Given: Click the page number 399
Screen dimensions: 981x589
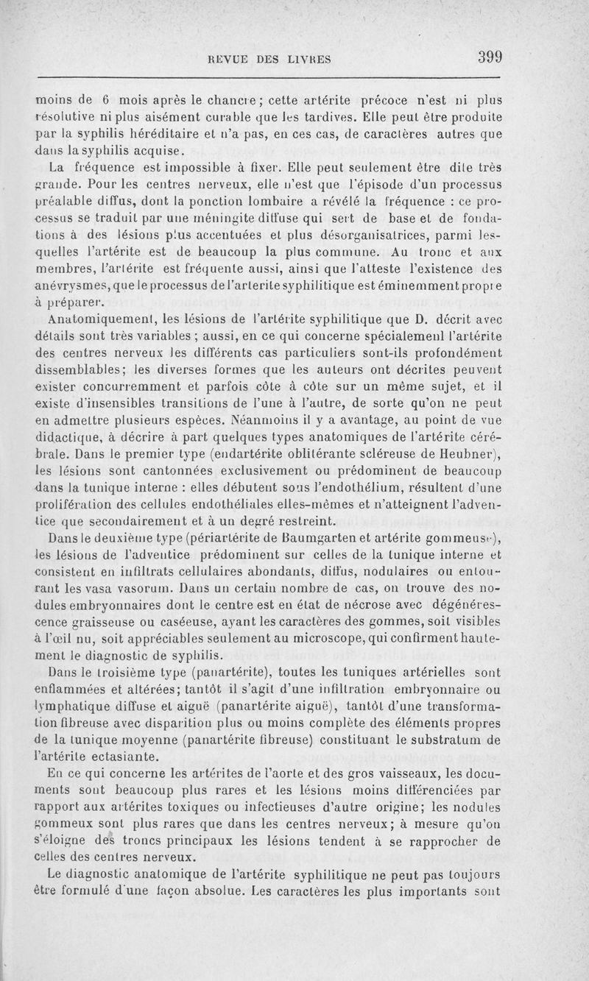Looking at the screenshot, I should [488, 57].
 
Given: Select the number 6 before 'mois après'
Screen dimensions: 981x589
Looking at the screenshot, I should [106, 101].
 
